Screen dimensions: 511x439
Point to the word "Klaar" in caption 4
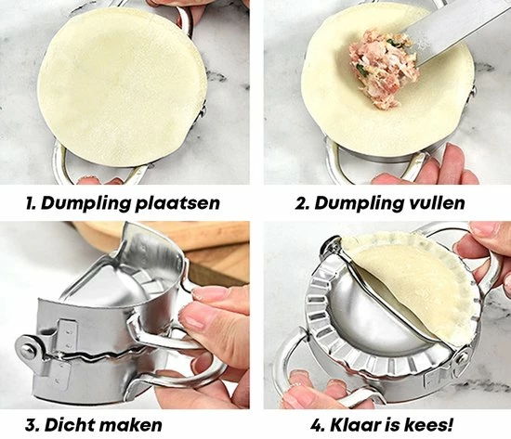coord(355,425)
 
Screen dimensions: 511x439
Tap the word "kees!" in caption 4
coord(428,425)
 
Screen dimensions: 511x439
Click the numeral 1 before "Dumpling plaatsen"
coord(31,203)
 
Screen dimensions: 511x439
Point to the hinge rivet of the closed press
coord(28,349)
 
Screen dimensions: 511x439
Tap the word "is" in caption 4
coord(392,425)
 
